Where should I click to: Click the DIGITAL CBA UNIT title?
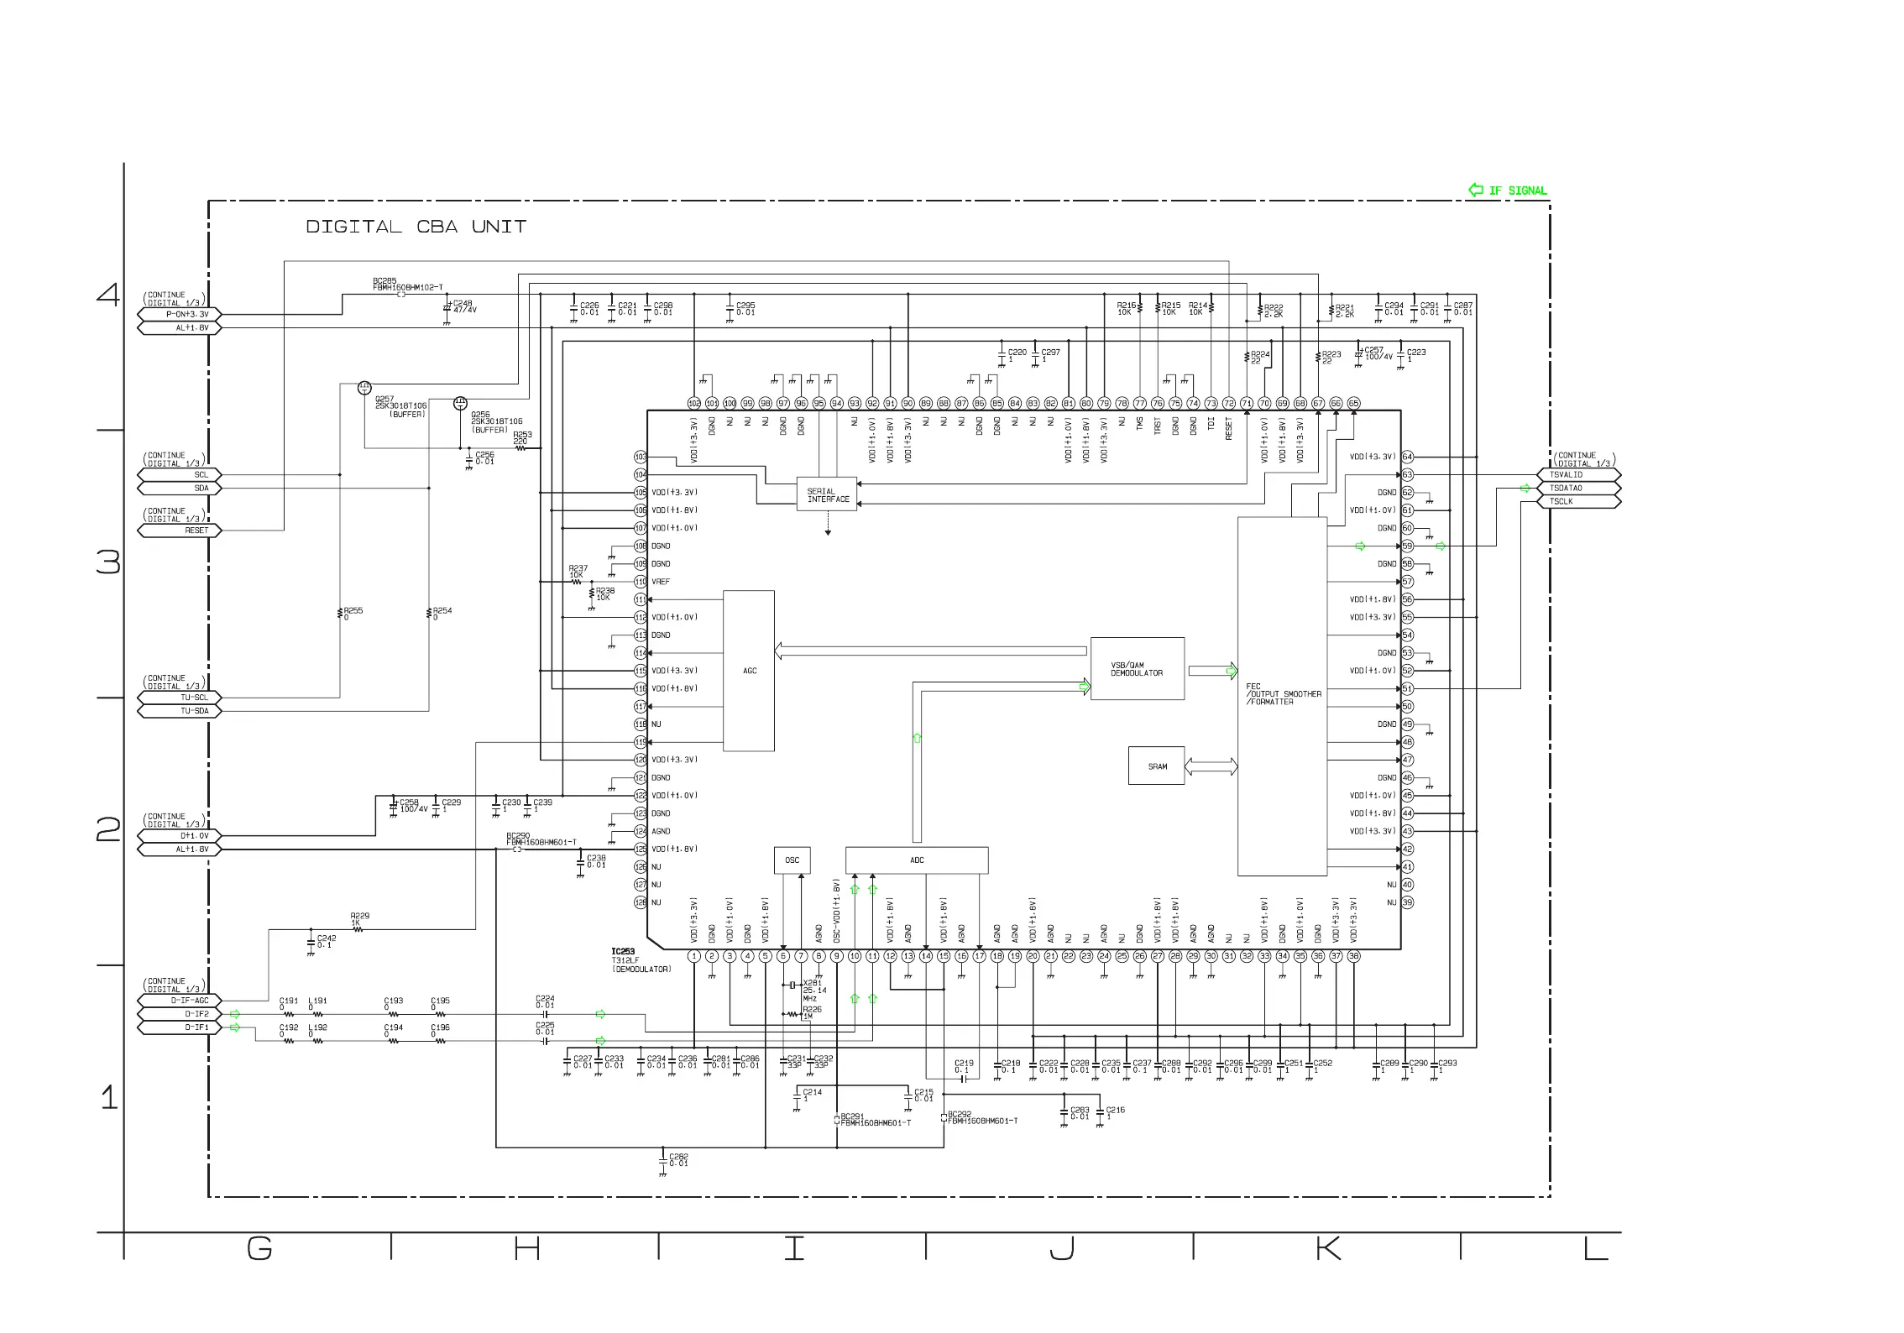[x=416, y=227]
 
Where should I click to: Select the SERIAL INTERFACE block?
[x=827, y=495]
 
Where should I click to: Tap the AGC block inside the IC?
[x=749, y=671]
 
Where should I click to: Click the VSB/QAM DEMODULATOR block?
[x=1137, y=669]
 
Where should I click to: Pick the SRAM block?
[x=1157, y=766]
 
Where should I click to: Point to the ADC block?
[x=917, y=860]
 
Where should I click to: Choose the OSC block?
[x=792, y=860]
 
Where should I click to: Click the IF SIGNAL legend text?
[x=1517, y=191]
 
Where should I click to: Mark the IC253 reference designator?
[x=623, y=952]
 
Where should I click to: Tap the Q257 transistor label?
[x=384, y=399]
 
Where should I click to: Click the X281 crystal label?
[x=812, y=982]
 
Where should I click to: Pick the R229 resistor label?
[x=359, y=916]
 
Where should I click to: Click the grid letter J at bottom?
[x=1062, y=1249]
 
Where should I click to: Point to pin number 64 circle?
[x=1408, y=457]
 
